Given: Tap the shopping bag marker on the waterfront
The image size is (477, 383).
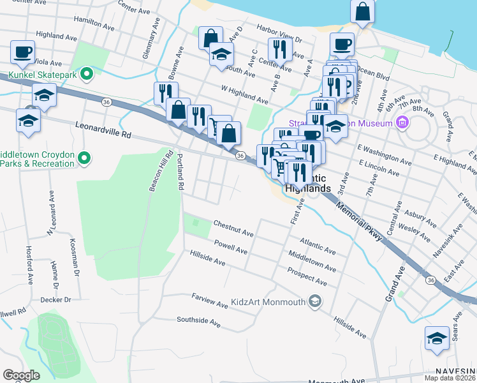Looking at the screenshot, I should [362, 12].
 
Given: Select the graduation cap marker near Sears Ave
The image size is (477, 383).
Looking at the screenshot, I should [437, 338].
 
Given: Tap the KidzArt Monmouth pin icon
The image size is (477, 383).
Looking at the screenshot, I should [314, 301].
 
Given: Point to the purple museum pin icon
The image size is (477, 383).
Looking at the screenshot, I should [402, 121].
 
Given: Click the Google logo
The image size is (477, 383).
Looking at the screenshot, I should [21, 375].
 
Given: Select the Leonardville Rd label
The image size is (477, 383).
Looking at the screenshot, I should [103, 130].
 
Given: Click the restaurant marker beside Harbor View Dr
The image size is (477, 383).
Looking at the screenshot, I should [280, 50].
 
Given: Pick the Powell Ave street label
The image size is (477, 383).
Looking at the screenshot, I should [230, 247].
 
